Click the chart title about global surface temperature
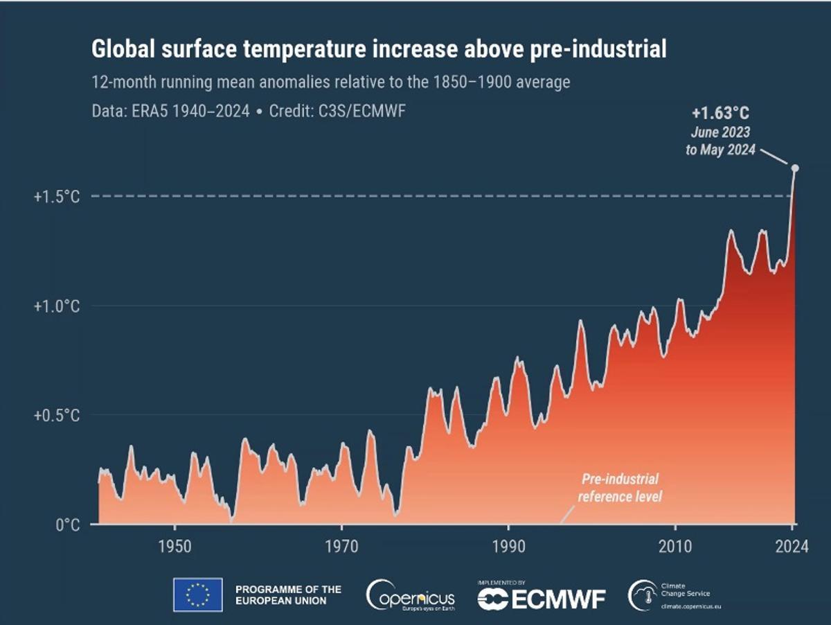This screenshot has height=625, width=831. click(x=379, y=50)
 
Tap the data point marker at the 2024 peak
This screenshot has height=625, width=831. click(x=795, y=168)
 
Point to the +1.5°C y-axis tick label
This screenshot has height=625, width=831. click(x=57, y=197)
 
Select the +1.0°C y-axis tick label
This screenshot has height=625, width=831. click(x=57, y=306)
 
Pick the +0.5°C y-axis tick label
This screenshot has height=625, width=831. click(x=57, y=416)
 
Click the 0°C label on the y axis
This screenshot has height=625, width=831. click(x=67, y=525)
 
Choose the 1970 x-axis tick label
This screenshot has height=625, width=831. click(x=341, y=547)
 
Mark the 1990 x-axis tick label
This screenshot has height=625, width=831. click(x=509, y=547)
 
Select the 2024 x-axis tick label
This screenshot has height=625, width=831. click(x=792, y=547)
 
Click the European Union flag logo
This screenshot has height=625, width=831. click(x=197, y=595)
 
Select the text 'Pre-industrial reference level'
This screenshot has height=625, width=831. click(x=620, y=488)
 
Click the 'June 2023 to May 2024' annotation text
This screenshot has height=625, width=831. click(x=720, y=141)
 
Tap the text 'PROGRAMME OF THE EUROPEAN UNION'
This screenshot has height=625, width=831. click(x=288, y=595)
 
